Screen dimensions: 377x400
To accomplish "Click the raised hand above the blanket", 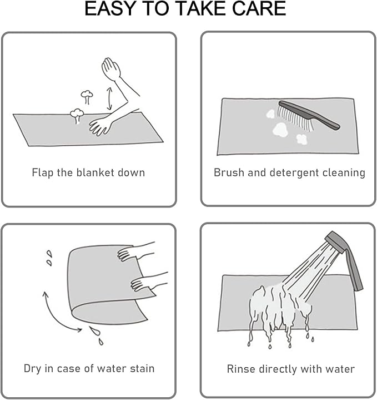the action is coord(111,68).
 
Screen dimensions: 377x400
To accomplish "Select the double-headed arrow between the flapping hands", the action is coord(109,98).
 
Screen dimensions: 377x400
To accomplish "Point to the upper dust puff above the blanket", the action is coord(87,96).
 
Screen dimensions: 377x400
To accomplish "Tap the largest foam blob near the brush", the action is coord(280,129).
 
